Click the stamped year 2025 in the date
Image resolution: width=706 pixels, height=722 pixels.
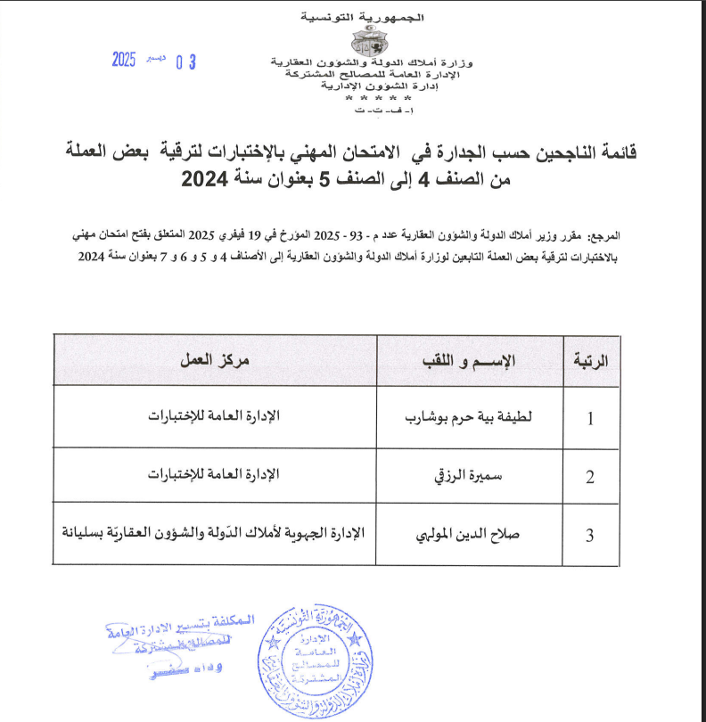(x=123, y=61)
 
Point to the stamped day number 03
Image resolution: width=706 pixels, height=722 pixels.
(x=185, y=62)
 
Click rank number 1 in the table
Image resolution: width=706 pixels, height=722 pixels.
(x=590, y=419)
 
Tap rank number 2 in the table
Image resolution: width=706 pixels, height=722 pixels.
(x=590, y=477)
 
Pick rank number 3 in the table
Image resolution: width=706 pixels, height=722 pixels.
(x=590, y=536)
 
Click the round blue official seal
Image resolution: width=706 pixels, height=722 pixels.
(x=312, y=656)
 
